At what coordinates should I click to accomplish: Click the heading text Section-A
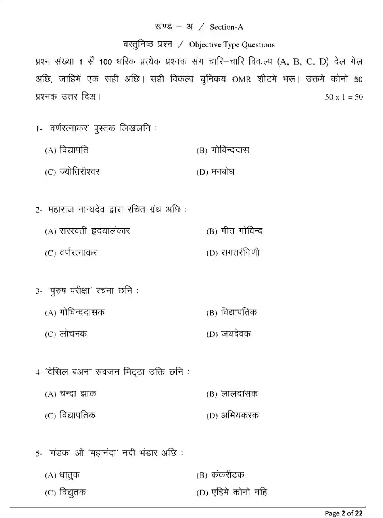point(226,27)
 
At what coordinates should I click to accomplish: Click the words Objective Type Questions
point(232,45)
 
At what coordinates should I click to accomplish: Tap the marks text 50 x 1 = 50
point(344,97)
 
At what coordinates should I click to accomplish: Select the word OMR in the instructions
point(241,79)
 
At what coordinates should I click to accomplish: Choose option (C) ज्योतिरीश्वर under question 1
point(72,172)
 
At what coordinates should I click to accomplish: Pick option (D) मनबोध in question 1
point(215,172)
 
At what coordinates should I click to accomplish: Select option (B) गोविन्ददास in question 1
point(223,150)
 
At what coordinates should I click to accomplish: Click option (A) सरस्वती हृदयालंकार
point(88,231)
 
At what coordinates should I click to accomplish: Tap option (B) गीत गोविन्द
point(234,231)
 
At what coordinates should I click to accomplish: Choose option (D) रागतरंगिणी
point(233,253)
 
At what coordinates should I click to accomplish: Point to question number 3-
point(39,291)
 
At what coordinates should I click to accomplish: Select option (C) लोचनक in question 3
point(66,334)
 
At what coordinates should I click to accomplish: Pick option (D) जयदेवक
point(229,334)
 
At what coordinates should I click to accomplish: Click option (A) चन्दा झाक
point(71,394)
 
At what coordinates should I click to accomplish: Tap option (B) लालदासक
point(232,394)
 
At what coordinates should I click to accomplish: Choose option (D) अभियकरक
point(232,416)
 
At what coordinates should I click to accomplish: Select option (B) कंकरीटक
point(220,475)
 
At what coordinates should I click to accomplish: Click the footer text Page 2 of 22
point(344,513)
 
